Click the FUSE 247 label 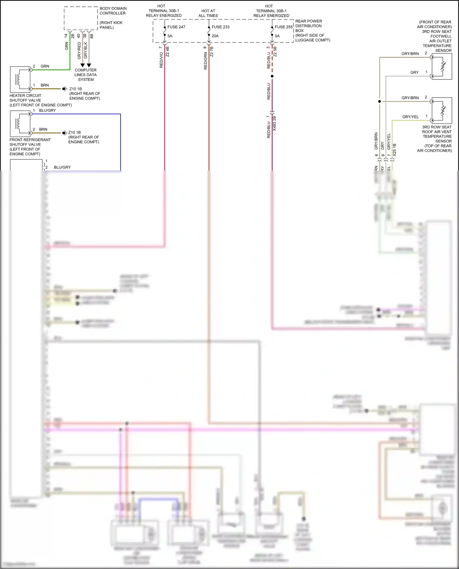click(176, 27)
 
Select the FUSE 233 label click(220, 27)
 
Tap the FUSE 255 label click(283, 27)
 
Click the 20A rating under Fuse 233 click(215, 36)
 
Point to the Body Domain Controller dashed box click(81, 18)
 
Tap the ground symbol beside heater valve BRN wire click(65, 89)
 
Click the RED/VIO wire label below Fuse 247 click(161, 60)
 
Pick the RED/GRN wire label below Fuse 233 click(206, 61)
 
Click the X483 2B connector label click(274, 124)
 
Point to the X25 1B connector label click(394, 150)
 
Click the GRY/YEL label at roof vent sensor click(410, 117)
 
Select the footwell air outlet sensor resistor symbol click(443, 67)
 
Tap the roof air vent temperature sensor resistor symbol click(443, 111)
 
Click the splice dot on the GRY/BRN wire click(379, 101)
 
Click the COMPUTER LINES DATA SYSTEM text click(86, 75)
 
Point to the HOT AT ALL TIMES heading click(208, 13)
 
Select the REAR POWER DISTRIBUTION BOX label click(308, 26)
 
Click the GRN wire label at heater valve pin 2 click(45, 66)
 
